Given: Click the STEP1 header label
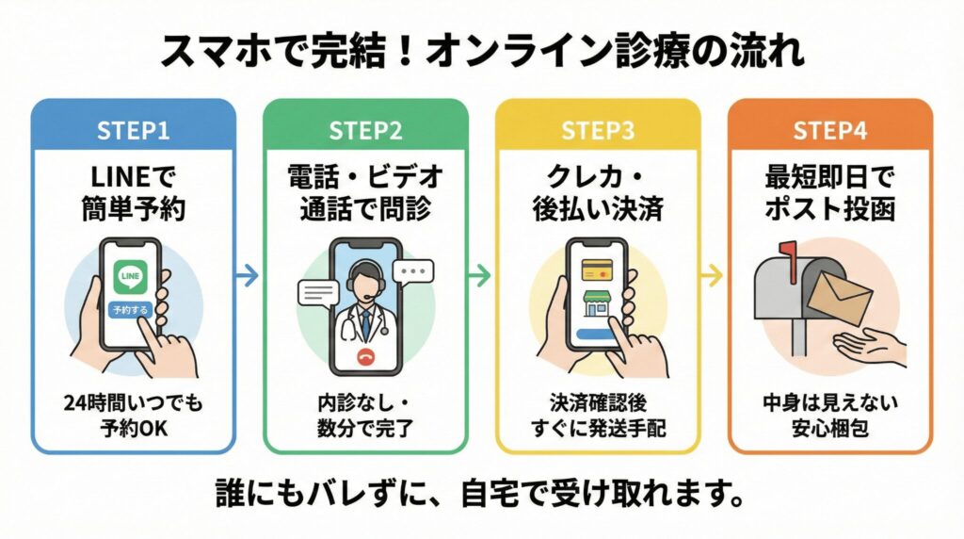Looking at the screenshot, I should pos(134,131).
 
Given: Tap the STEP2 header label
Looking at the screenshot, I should pos(364,131).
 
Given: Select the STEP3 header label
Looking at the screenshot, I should pos(599,131).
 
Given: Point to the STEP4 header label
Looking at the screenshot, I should pos(829,131).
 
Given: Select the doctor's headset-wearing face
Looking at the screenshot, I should pos(364,279).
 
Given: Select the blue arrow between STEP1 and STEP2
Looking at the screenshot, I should pos(247,276).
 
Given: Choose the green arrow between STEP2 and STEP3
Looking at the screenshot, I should pos(480,276).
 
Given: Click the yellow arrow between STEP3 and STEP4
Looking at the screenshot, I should pos(713,276).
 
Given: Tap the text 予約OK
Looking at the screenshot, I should pos(133,427).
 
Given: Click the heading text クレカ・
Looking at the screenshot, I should pos(599,175).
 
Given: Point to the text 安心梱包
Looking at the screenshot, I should pos(829,427).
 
